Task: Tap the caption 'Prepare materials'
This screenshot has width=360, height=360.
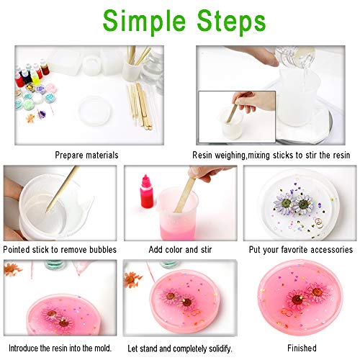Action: pyautogui.click(x=86, y=155)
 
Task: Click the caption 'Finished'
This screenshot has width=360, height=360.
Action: pyautogui.click(x=300, y=348)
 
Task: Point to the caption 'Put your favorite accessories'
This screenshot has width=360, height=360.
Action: pyautogui.click(x=300, y=250)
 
